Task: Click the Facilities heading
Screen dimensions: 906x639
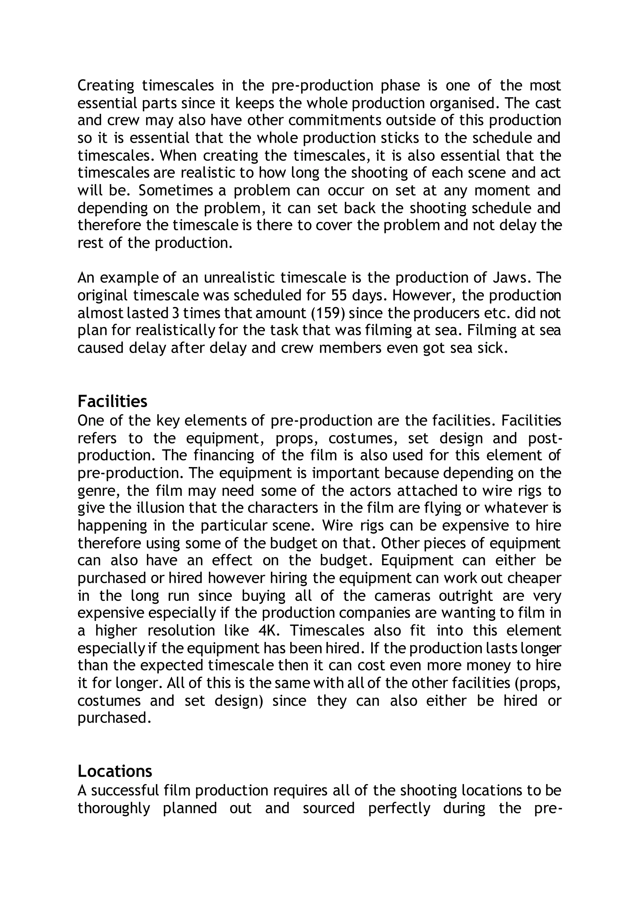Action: (x=112, y=402)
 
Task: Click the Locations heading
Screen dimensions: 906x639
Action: (x=115, y=771)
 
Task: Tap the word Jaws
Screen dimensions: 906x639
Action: (x=509, y=278)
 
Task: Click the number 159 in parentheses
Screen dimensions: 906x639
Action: (x=328, y=313)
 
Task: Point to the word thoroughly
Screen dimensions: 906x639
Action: (x=114, y=808)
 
